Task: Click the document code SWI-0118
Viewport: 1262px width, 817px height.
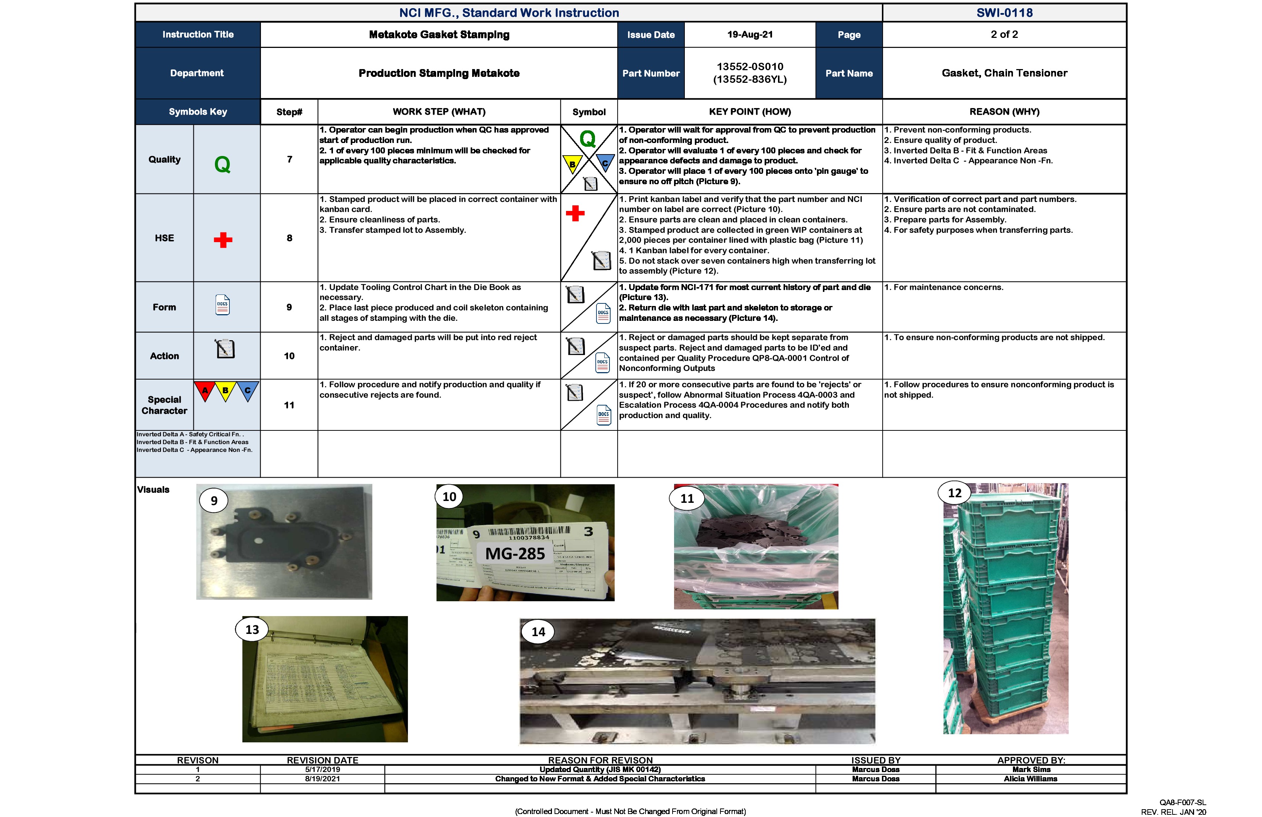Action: [1004, 13]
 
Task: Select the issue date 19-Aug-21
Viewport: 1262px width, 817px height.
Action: [750, 35]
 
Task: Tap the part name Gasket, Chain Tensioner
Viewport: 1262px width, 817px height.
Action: [1004, 73]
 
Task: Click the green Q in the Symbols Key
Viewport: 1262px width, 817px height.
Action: [222, 165]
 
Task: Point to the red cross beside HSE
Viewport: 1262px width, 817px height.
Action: [223, 240]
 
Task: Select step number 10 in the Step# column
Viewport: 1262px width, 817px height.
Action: [289, 356]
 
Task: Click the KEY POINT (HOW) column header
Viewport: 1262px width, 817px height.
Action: [750, 112]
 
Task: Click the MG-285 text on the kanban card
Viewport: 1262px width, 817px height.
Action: [515, 554]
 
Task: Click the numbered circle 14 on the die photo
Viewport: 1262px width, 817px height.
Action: [538, 632]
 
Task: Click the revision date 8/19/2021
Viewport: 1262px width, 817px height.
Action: [323, 779]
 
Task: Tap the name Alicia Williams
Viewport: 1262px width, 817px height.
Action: [1030, 779]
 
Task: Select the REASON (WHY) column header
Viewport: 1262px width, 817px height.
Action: [1004, 112]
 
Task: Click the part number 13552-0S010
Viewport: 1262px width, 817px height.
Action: [750, 67]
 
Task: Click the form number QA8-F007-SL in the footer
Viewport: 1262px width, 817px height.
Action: [1183, 803]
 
